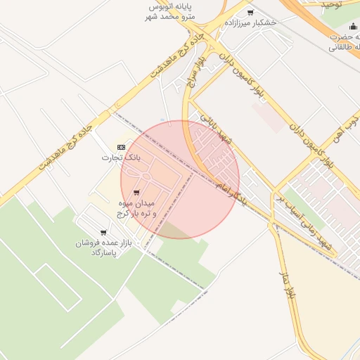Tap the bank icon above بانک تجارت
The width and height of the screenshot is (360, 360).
[121, 147]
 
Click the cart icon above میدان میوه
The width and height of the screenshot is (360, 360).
[136, 193]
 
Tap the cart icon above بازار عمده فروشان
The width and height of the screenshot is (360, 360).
[103, 232]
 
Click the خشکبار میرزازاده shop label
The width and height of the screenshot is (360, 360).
[250, 22]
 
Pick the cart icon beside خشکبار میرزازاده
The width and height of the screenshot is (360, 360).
[250, 12]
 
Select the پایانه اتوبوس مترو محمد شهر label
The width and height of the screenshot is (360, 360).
[171, 11]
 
